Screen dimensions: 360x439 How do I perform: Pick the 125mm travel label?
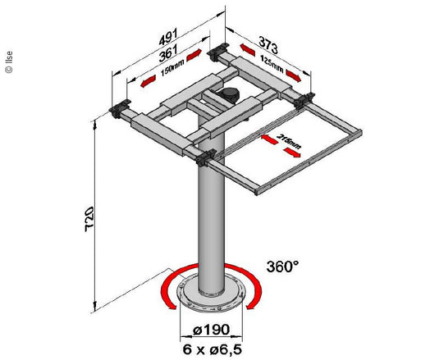[x=268, y=63]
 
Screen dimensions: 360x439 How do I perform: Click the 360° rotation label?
[x=284, y=266]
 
